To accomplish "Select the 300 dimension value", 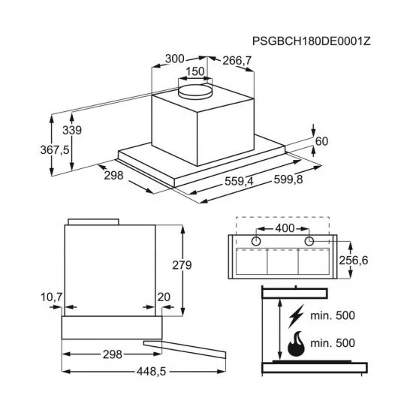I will [x=174, y=58].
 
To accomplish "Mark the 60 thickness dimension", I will [x=322, y=142].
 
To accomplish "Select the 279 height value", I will [x=182, y=265].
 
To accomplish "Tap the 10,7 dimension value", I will [x=51, y=297].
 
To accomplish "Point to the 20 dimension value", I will [x=164, y=297].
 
